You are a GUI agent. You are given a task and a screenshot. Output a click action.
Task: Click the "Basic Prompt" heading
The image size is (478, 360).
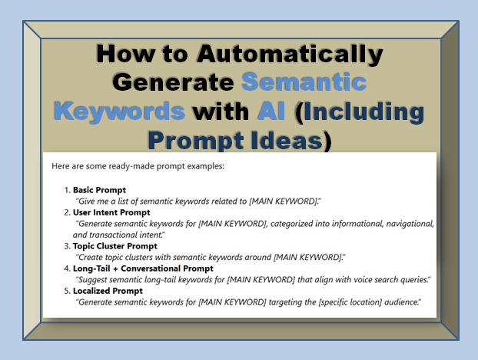(x=100, y=189)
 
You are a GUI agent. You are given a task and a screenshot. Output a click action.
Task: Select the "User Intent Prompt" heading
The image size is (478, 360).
(x=111, y=212)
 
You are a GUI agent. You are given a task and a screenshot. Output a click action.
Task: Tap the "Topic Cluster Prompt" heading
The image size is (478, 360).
(x=115, y=245)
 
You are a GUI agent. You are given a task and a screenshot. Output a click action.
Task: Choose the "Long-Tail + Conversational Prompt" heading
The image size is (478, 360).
(x=143, y=268)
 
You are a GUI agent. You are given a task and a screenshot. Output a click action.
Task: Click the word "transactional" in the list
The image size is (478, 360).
(x=113, y=234)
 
